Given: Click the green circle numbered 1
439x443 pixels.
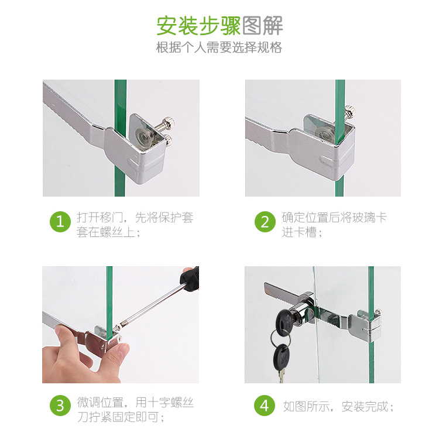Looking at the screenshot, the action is pos(60,222).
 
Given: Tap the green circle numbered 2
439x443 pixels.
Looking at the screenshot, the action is pos(265,222).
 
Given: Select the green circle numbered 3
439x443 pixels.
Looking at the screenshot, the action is pos(60,406).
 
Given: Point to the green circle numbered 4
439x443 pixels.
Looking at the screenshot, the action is pos(265,406).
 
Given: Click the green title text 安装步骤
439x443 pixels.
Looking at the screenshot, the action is pos(198,26).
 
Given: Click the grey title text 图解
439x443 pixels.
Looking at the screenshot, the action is pos(262,26).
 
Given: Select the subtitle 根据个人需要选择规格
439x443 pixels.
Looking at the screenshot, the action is pos(219,47).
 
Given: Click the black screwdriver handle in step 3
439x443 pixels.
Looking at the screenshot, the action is pos(190,279).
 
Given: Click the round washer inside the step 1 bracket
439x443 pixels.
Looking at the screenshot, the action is pos(143,136).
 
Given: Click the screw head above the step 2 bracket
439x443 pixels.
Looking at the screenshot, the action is pos(350,111).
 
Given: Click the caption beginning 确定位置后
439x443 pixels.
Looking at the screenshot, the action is pos(334,225).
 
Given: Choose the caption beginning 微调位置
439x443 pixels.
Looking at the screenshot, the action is pos(135,410).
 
